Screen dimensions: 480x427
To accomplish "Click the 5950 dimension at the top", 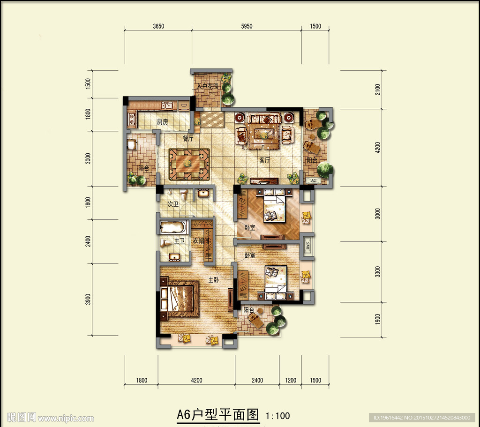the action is tap(247, 26).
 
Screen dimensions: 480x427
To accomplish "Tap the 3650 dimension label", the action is tap(158, 26).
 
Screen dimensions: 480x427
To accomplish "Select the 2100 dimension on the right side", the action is tap(377, 90).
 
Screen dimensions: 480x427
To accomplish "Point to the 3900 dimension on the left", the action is tap(88, 299).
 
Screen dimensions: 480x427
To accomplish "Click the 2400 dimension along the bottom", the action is tap(257, 380).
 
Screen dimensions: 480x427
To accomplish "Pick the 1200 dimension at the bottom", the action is tap(291, 380).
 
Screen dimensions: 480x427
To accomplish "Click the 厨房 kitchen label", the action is tap(163, 122).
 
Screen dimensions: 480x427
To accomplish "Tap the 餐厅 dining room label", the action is tap(188, 139).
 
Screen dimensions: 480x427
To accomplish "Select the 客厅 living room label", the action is tap(264, 160).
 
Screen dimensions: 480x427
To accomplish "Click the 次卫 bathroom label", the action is tap(173, 204).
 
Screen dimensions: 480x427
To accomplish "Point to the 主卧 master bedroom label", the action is tap(213, 280).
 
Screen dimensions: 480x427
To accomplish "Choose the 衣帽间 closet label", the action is tap(201, 241).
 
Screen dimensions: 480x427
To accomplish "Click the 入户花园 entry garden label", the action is tap(208, 86).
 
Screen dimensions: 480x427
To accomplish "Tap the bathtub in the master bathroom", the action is tap(173, 227).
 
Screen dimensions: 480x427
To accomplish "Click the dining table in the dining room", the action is tap(189, 164).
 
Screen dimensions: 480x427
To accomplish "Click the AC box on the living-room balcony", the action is tap(313, 180).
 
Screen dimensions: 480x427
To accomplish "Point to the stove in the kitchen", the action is tap(132, 119).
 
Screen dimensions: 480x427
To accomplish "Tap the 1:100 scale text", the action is tap(277, 416).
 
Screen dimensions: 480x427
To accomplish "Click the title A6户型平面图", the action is tap(217, 415).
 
